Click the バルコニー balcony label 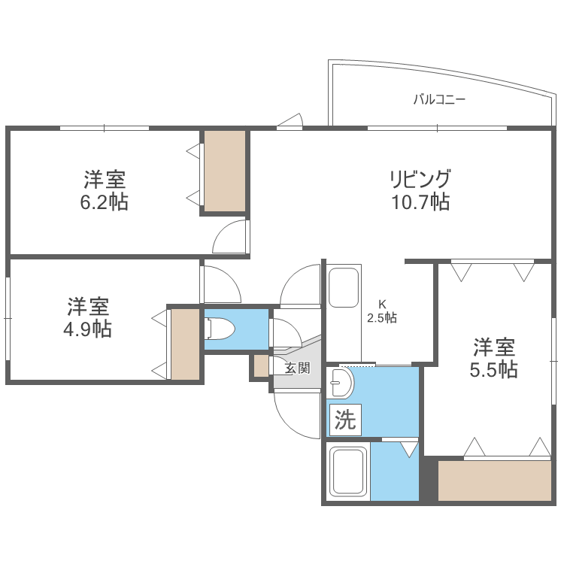pos(439,99)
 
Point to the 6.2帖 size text pos(105,202)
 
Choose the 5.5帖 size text pos(494,369)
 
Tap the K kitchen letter pos(382,305)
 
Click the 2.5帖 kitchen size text pos(382,318)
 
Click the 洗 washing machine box pos(344,420)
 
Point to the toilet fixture pos(220,329)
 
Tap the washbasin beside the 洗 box pos(341,384)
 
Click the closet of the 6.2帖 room pos(225,171)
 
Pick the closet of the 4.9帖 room pos(185,344)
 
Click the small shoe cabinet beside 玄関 pos(260,365)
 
